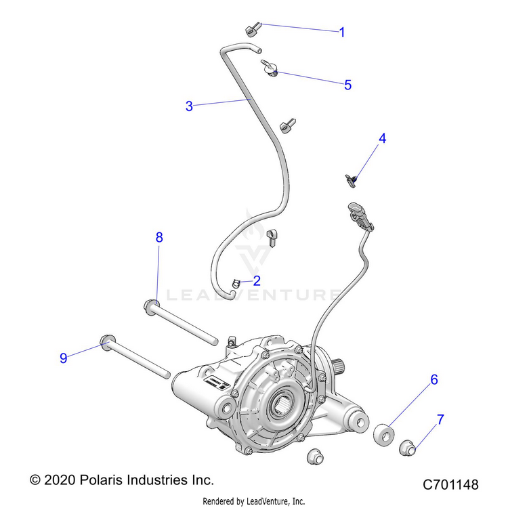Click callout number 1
pyautogui.click(x=342, y=32)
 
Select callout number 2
pyautogui.click(x=238, y=279)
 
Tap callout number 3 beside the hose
pyautogui.click(x=190, y=106)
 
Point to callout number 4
pyautogui.click(x=382, y=138)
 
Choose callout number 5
pyautogui.click(x=347, y=85)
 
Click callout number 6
pyautogui.click(x=434, y=380)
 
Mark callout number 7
pyautogui.click(x=440, y=419)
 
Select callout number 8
pyautogui.click(x=159, y=237)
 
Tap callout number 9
pyautogui.click(x=64, y=358)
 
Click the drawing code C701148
pyautogui.click(x=450, y=485)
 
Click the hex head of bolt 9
pyautogui.click(x=105, y=340)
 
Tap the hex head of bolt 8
pyautogui.click(x=152, y=306)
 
